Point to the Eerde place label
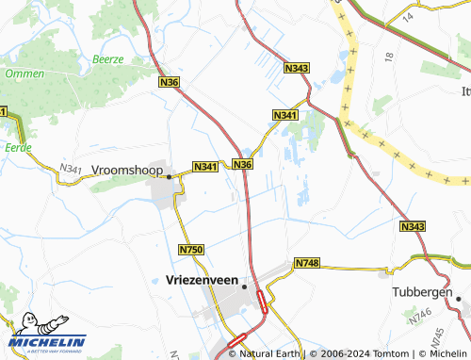18,147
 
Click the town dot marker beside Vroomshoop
169,176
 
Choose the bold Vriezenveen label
196,280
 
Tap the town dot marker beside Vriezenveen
244,286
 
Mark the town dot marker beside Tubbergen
458,299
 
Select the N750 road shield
190,249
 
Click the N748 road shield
307,262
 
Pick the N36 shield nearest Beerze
170,83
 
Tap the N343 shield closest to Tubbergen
412,227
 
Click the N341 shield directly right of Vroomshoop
206,167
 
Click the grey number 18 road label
388,57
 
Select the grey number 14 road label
407,17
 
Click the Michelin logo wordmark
48,341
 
